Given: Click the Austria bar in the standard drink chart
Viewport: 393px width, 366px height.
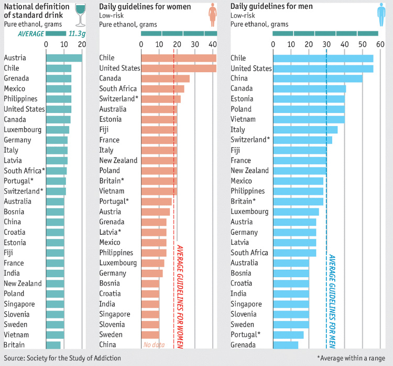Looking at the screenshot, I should click(64, 58).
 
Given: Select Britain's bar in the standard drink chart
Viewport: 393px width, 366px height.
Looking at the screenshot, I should click(53, 345).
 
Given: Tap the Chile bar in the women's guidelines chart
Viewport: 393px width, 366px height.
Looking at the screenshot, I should click(178, 58).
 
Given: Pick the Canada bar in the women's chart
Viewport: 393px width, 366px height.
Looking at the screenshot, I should click(165, 78).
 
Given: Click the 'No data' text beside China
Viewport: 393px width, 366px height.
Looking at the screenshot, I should click(154, 345).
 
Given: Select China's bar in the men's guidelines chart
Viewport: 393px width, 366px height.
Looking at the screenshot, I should click(317, 78).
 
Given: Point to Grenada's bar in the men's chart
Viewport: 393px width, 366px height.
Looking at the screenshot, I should click(285, 345).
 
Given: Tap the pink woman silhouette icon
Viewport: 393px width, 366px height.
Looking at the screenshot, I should click(212, 15).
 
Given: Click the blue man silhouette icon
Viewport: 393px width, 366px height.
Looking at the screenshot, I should click(381, 15).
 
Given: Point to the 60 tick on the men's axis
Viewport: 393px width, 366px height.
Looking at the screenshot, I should click(380, 45).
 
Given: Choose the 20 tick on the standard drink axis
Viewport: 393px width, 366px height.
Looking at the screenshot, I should click(82, 45).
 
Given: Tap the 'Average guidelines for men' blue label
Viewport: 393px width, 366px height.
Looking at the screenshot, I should click(332, 301).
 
